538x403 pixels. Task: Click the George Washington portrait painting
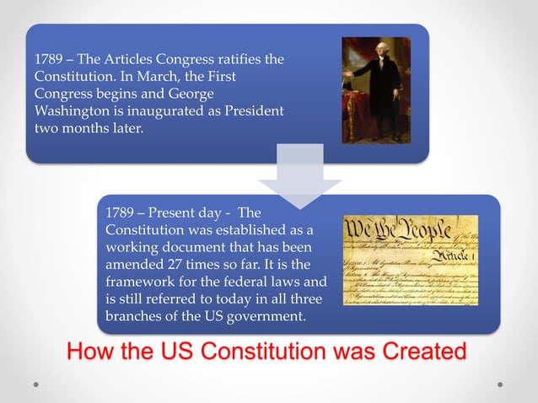pyautogui.click(x=375, y=90)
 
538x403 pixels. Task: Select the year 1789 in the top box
pyautogui.click(x=49, y=60)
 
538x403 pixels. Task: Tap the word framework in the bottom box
pyautogui.click(x=142, y=282)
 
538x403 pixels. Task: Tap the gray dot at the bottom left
pyautogui.click(x=37, y=384)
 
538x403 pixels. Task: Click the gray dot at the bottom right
pyautogui.click(x=500, y=384)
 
